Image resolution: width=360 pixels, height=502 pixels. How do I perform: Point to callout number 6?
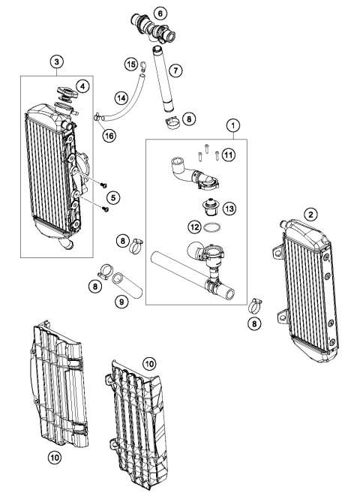pyautogui.click(x=160, y=13)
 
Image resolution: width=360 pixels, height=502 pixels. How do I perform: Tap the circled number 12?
pyautogui.click(x=193, y=226)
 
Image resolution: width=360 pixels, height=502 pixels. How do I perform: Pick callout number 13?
pyautogui.click(x=229, y=208)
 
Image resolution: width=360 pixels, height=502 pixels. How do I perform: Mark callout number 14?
pyautogui.click(x=121, y=98)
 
